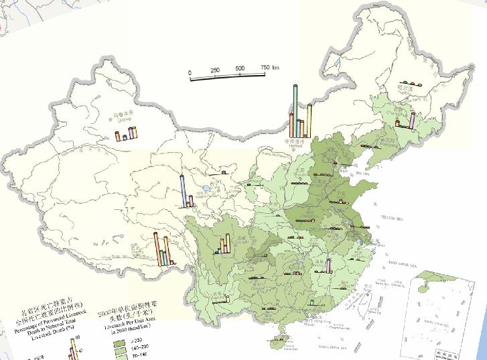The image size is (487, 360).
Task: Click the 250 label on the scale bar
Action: [x=215, y=70]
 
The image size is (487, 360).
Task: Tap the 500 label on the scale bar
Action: [x=240, y=70]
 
